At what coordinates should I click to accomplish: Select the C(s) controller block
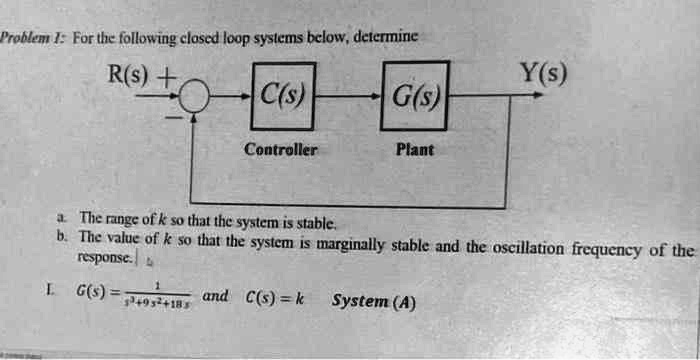283,97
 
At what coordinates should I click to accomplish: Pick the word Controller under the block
282,149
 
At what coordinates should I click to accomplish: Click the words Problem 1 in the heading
30,38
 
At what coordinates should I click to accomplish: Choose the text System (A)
374,301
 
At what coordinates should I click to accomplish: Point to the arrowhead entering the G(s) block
375,97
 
